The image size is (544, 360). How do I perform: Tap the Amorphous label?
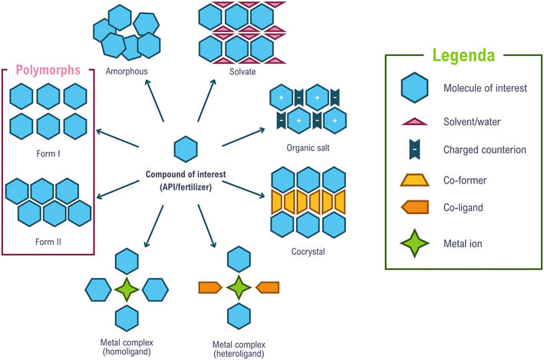pos(128,71)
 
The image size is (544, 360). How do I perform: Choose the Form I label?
pos(48,153)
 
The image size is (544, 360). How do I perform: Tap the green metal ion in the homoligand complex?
pos(127,290)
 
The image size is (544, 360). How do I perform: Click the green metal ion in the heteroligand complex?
pos(239,288)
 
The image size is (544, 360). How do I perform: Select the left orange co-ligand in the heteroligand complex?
pos(210,288)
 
